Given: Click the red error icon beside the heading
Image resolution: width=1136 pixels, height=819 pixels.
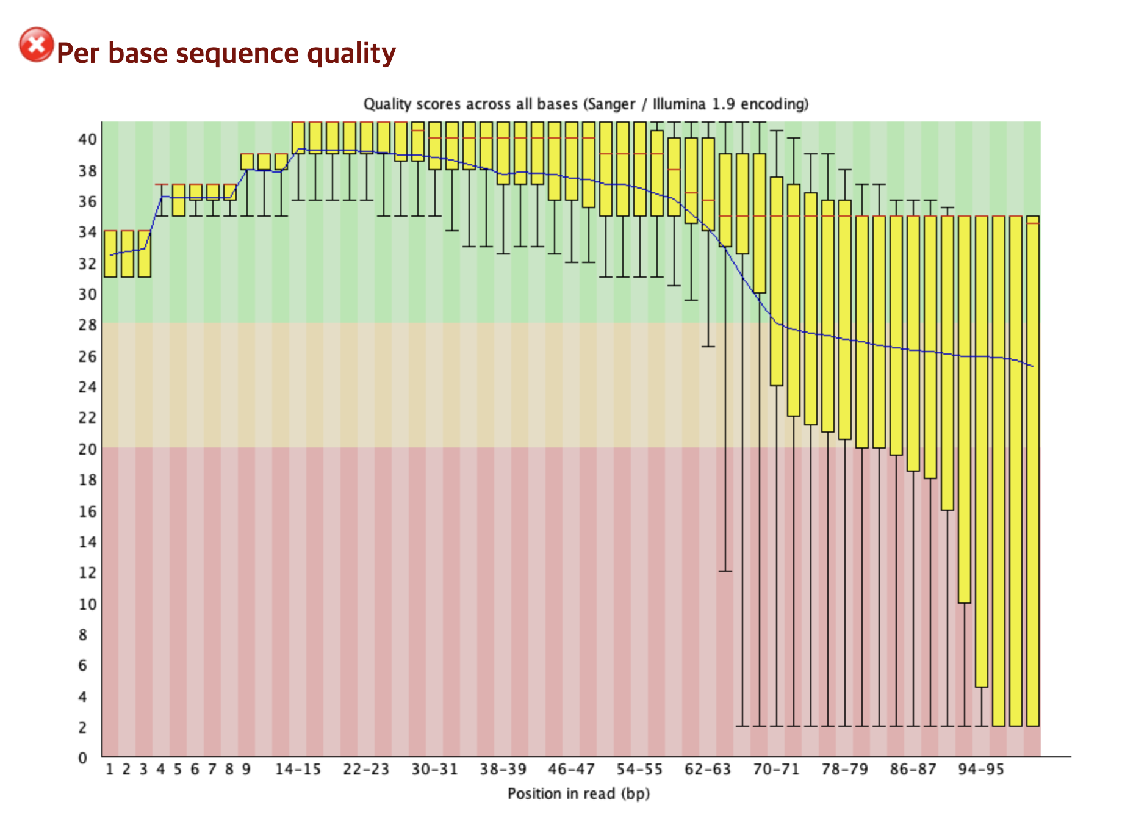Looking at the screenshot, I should coord(36,45).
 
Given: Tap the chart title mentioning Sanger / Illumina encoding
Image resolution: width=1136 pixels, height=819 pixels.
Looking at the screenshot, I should coord(586,104).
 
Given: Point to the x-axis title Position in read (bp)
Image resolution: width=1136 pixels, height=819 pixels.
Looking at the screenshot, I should coord(578,793).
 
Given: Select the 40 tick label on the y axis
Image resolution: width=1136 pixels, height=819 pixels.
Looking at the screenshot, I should coord(87,139).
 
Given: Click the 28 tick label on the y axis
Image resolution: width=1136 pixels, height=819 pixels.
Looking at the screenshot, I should coord(87,325).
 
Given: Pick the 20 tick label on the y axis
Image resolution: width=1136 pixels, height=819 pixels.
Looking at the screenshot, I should coord(87,449).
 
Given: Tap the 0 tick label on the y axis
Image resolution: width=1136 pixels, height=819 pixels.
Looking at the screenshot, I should coord(83,758).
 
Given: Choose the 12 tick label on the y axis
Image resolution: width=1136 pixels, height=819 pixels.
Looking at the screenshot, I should coord(87,572).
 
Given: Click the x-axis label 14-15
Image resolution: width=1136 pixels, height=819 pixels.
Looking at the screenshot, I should coord(298,770).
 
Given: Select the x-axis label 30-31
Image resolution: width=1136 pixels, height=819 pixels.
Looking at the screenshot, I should coord(434,770).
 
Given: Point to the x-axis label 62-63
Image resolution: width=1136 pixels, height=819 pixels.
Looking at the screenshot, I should coord(708,770).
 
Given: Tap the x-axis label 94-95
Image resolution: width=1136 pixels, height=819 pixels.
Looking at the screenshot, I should coord(981,770).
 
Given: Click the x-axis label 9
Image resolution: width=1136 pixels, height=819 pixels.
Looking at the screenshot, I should coord(246,770).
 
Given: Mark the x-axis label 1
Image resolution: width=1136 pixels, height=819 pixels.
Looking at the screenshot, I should coord(110,770).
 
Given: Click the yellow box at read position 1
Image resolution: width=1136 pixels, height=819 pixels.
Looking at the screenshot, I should coord(110,253).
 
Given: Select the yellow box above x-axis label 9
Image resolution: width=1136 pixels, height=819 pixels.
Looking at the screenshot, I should coord(247,161).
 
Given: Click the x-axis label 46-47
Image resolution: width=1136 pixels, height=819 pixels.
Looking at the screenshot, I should coord(571,770).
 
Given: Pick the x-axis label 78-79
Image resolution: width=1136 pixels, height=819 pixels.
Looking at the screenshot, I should coord(844,770).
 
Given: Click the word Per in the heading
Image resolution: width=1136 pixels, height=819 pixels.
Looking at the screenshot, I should coord(77,54).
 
